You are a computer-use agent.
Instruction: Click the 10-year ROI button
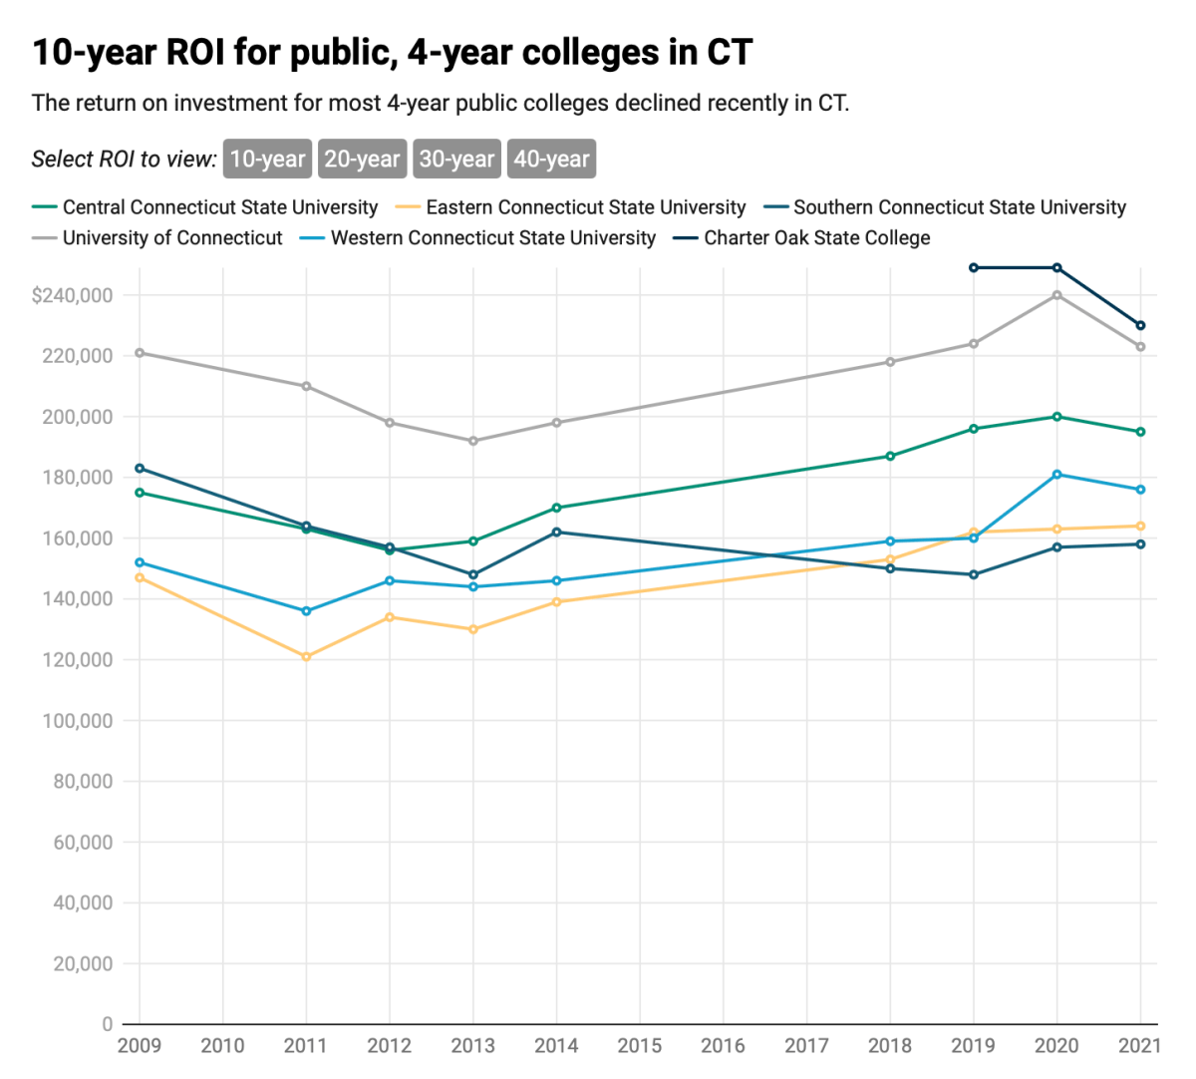point(267,159)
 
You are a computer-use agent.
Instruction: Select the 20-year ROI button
point(362,159)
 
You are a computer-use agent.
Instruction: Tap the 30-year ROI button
point(456,159)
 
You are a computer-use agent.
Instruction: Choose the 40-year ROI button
point(551,159)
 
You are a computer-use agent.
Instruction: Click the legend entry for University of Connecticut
point(171,238)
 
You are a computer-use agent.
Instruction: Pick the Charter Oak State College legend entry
point(816,238)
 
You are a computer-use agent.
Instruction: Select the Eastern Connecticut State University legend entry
point(585,207)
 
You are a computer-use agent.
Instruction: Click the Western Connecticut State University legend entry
point(492,238)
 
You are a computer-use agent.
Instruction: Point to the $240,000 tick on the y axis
point(72,295)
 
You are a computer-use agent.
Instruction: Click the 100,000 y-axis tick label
point(77,721)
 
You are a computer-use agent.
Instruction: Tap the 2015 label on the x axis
point(640,1045)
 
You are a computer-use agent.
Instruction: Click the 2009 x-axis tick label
point(140,1045)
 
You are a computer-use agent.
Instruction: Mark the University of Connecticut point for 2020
point(1057,295)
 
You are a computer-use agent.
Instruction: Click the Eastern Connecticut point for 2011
point(306,657)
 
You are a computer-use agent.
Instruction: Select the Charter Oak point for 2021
point(1141,325)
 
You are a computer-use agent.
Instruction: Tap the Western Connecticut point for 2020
point(1057,475)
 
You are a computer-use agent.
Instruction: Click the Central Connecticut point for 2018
point(890,457)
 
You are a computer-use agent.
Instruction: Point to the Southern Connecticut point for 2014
point(556,533)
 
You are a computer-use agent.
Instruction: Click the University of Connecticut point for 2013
point(473,441)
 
